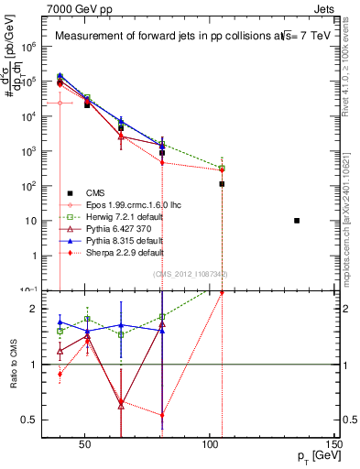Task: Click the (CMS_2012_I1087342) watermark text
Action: pyautogui.click(x=190, y=273)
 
